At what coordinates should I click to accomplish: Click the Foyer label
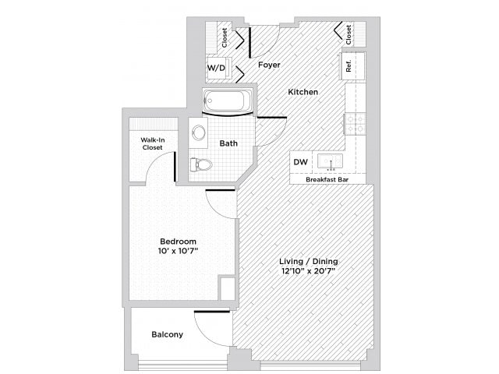269,65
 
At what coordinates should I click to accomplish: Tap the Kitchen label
303,92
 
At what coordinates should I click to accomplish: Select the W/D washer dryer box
216,68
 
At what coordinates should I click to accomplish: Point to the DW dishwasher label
300,162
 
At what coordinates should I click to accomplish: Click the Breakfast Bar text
327,179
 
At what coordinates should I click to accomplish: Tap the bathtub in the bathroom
227,101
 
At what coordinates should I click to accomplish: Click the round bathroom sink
198,132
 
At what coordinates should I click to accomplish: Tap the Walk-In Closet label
152,143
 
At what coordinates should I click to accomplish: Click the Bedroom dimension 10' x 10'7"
178,251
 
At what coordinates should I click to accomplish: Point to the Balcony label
167,335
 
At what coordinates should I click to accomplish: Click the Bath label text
228,143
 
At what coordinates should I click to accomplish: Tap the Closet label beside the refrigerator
349,34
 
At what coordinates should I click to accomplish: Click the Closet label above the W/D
225,37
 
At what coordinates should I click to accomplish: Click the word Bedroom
178,241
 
